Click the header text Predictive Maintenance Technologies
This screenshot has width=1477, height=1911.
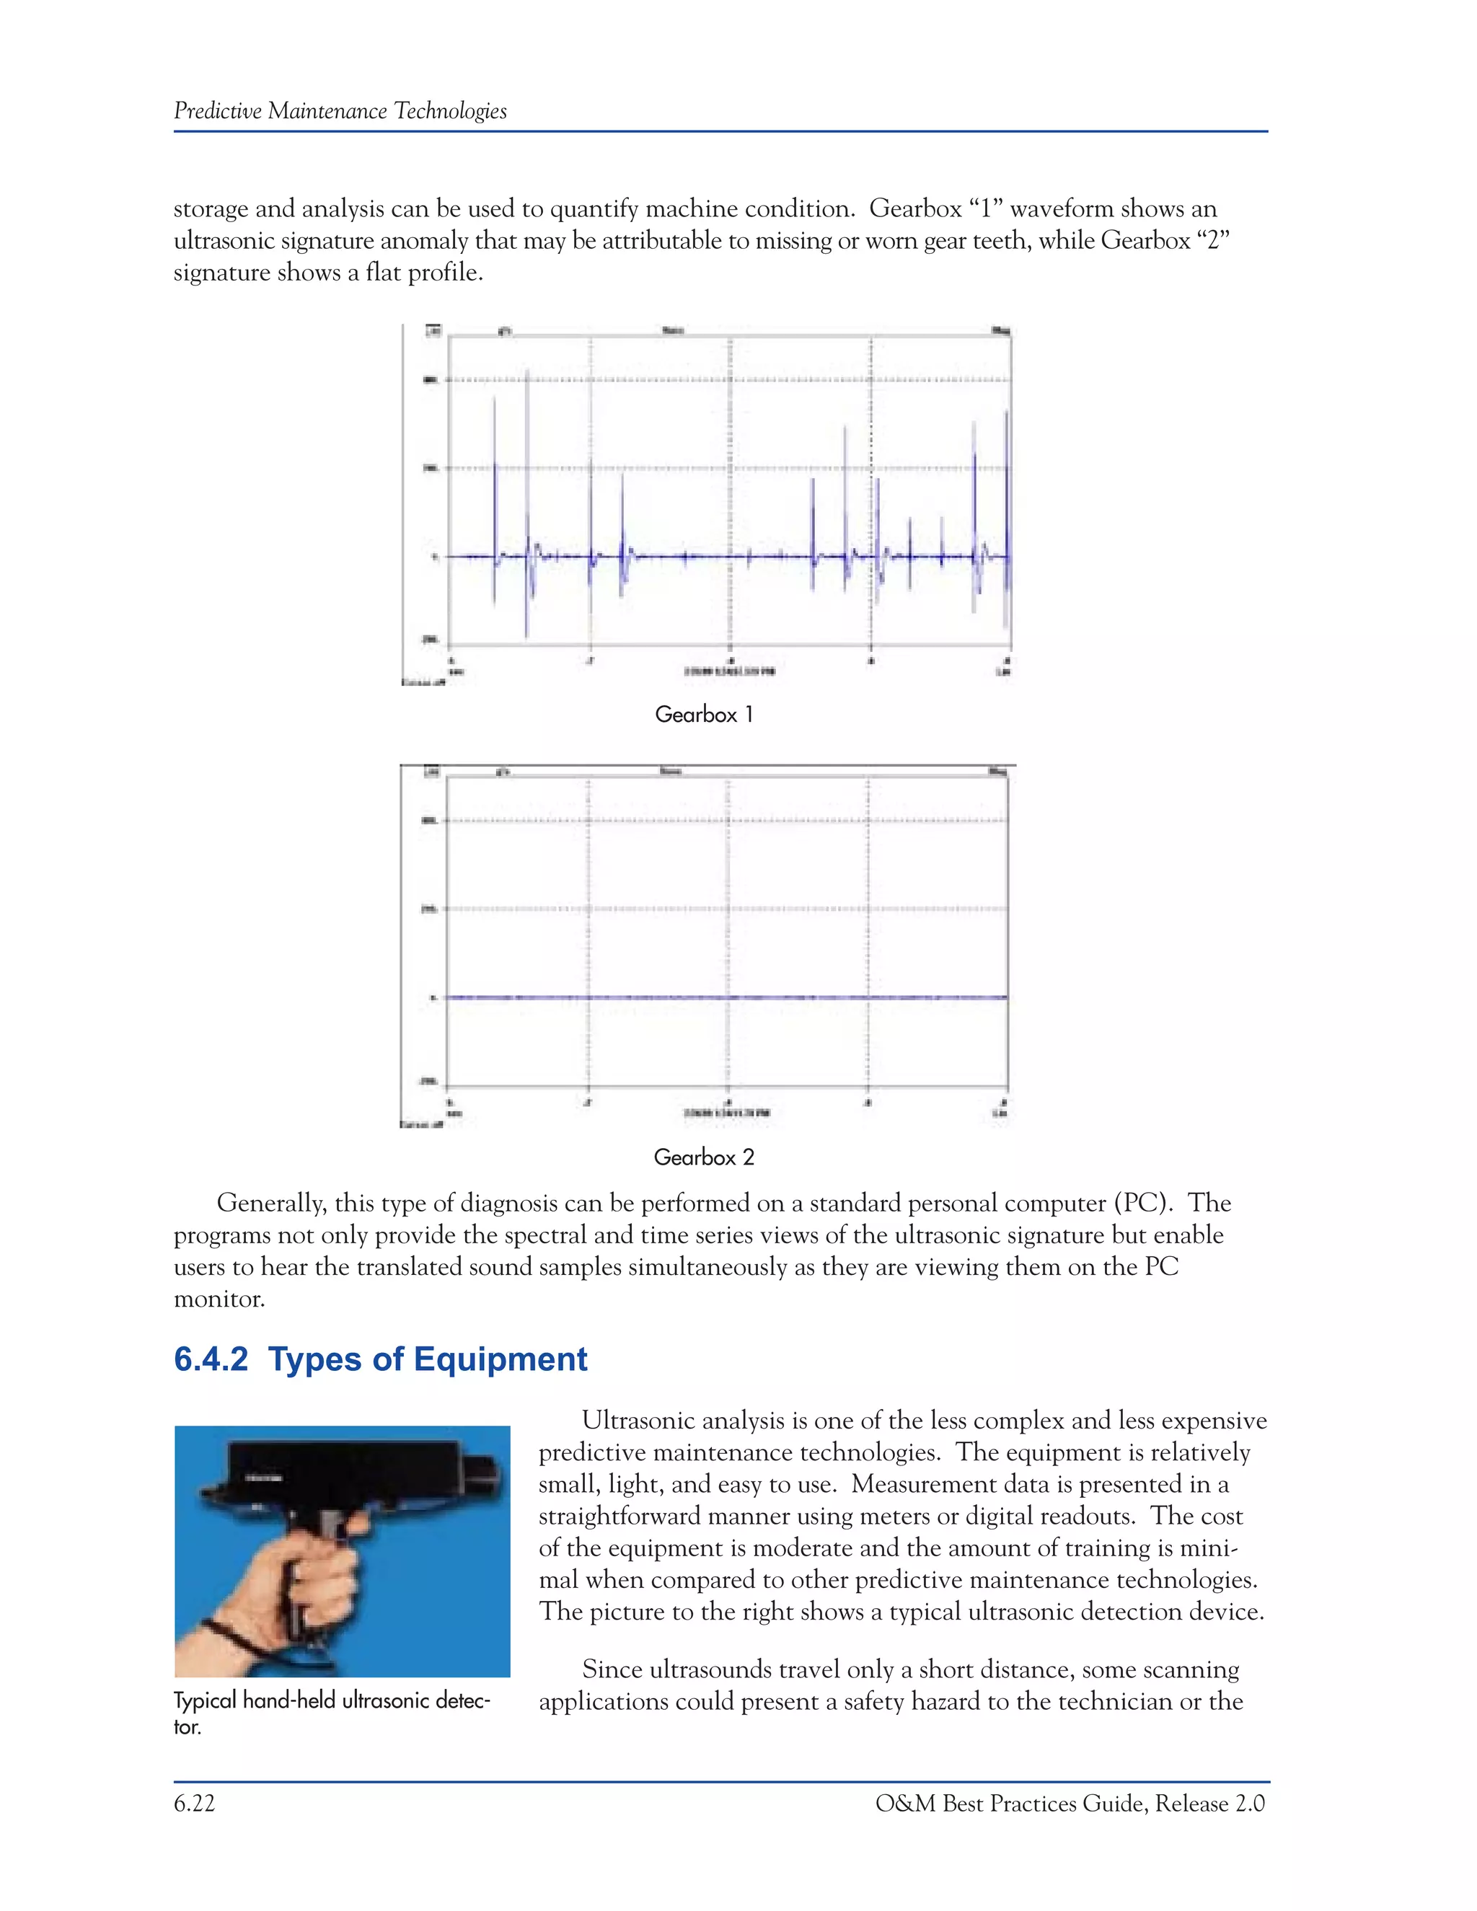point(340,111)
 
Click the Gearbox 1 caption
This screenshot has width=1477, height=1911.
point(703,715)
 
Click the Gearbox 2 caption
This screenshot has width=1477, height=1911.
point(703,1157)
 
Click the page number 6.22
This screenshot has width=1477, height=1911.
point(194,1804)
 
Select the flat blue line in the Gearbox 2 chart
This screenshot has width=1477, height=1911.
point(726,997)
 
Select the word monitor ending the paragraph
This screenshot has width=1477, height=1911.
point(218,1299)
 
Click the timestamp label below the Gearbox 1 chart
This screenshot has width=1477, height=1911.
point(729,672)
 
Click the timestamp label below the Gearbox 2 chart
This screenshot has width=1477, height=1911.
point(727,1113)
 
